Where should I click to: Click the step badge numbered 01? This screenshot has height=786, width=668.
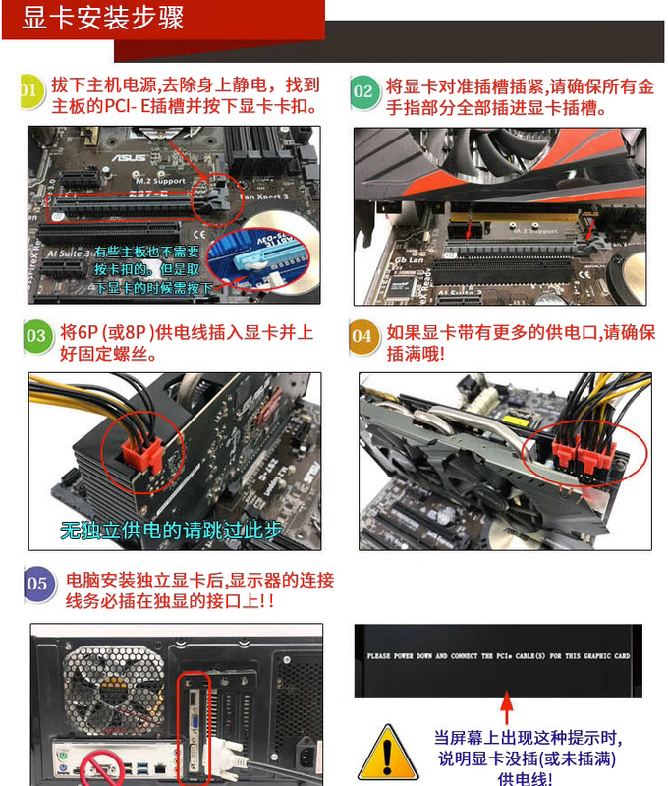click(x=29, y=92)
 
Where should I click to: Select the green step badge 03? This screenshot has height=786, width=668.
click(x=36, y=336)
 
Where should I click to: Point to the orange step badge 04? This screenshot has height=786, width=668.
click(x=363, y=336)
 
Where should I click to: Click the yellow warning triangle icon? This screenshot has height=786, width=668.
click(x=389, y=753)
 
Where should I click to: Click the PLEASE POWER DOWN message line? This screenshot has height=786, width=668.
click(x=498, y=655)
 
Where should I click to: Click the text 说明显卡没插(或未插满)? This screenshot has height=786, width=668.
click(x=526, y=758)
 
